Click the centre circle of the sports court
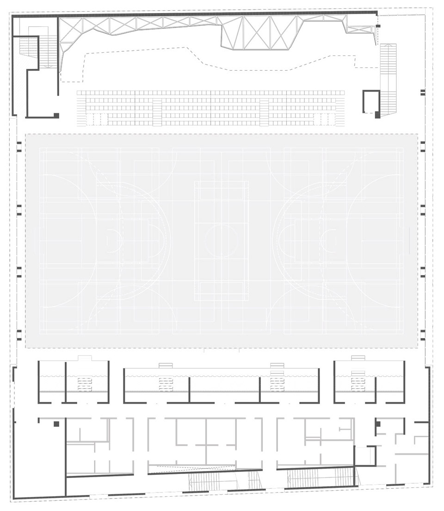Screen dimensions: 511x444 pyautogui.click(x=221, y=241)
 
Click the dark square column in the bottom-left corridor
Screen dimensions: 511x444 pyautogui.click(x=56, y=424)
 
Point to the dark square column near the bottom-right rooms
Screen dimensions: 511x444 pyautogui.click(x=377, y=424)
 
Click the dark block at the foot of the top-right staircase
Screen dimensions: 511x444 pyautogui.click(x=378, y=115)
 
